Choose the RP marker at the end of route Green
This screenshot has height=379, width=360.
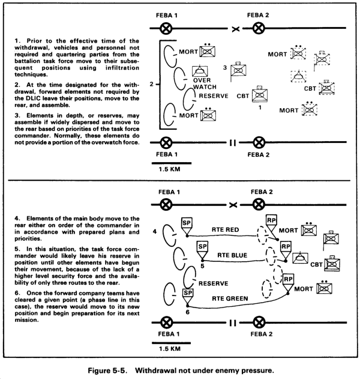pyautogui.click(x=289, y=281)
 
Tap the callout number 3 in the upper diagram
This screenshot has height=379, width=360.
pyautogui.click(x=225, y=68)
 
